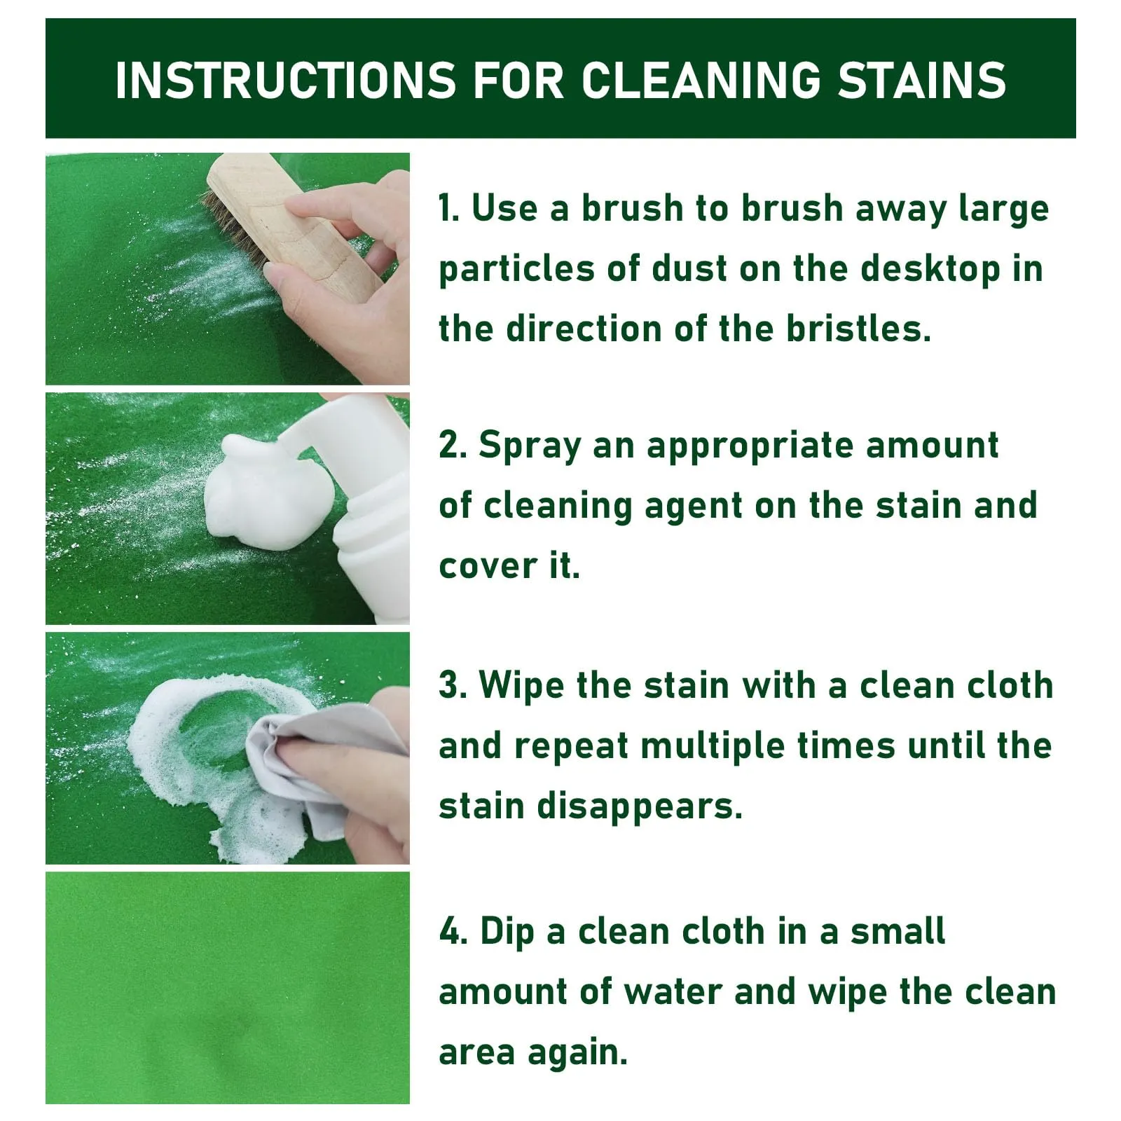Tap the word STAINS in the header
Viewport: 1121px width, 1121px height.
click(922, 80)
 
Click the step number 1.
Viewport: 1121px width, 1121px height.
click(449, 209)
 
